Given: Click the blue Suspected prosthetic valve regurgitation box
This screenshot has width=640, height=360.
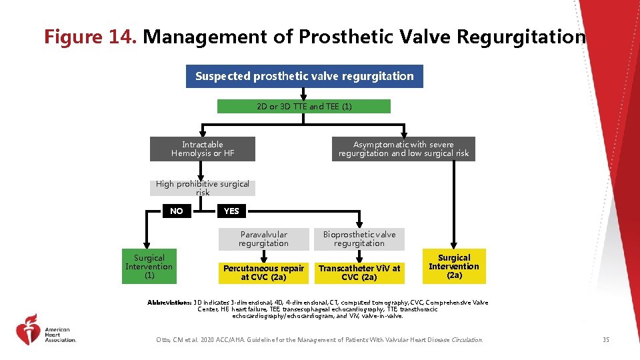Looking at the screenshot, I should pyautogui.click(x=304, y=77).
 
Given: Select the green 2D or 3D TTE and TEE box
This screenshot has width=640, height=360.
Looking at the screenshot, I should pyautogui.click(x=304, y=107).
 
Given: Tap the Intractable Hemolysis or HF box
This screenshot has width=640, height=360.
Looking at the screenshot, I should pyautogui.click(x=203, y=149).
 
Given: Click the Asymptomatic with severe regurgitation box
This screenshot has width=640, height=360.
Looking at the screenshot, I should pyautogui.click(x=403, y=149).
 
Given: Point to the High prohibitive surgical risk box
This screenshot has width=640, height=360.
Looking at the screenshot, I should pyautogui.click(x=203, y=188).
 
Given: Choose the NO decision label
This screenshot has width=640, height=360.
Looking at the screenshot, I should pyautogui.click(x=176, y=211).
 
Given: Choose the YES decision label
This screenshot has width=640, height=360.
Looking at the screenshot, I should pyautogui.click(x=231, y=211).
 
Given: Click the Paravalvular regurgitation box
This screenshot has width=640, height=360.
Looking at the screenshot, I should pyautogui.click(x=263, y=239).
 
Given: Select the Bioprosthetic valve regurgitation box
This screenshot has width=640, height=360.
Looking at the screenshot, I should pyautogui.click(x=359, y=239).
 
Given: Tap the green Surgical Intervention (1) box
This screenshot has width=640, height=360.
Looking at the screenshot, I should pyautogui.click(x=149, y=267).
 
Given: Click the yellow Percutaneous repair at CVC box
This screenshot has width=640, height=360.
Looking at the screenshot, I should pyautogui.click(x=263, y=272).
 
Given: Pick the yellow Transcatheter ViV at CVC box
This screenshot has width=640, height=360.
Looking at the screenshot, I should pyautogui.click(x=359, y=272).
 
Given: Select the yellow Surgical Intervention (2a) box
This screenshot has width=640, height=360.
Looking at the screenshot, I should pyautogui.click(x=454, y=266).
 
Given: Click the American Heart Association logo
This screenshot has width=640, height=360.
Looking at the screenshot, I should pyautogui.click(x=47, y=330).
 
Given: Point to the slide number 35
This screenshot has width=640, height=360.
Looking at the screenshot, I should pyautogui.click(x=605, y=340).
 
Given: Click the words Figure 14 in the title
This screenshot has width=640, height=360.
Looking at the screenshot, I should pyautogui.click(x=90, y=37).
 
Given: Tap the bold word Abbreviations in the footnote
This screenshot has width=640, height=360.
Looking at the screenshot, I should pyautogui.click(x=169, y=303).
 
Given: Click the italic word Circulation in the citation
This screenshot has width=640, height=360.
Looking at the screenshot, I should pyautogui.click(x=467, y=340).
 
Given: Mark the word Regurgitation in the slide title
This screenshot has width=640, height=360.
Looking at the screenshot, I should pyautogui.click(x=521, y=37).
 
